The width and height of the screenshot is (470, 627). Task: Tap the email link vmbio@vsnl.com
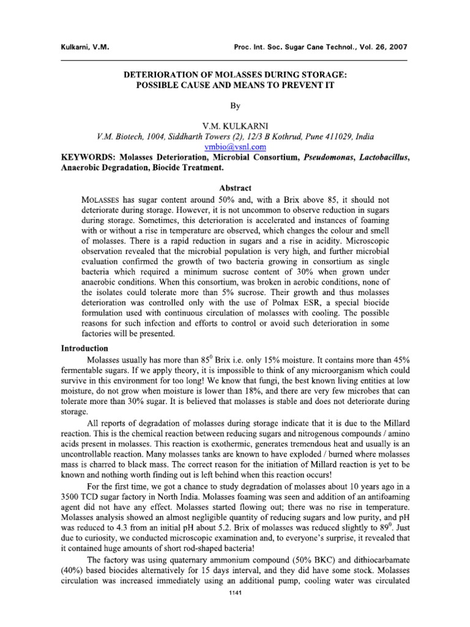click(235, 147)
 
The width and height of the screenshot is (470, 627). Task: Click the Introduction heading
click(85, 348)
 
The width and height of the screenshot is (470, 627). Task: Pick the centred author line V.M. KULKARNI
click(235, 125)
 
